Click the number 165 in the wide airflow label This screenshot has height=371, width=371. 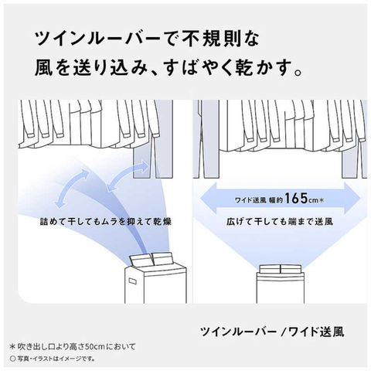296,198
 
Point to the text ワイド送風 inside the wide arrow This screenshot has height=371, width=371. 250,200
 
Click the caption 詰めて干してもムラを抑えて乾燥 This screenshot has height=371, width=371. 106,221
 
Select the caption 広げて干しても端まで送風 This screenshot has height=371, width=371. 280,221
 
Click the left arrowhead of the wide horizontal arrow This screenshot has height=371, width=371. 208,199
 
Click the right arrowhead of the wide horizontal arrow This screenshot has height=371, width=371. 352,199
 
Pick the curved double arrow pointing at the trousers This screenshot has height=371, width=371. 128,176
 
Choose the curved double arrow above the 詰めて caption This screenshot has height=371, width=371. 72,188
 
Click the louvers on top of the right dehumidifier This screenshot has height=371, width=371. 281,269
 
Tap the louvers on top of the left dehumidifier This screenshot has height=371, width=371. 152,259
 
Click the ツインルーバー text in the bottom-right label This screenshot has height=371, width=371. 239,332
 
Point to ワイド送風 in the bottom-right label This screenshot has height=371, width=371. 316,332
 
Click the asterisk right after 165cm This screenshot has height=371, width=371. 322,199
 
